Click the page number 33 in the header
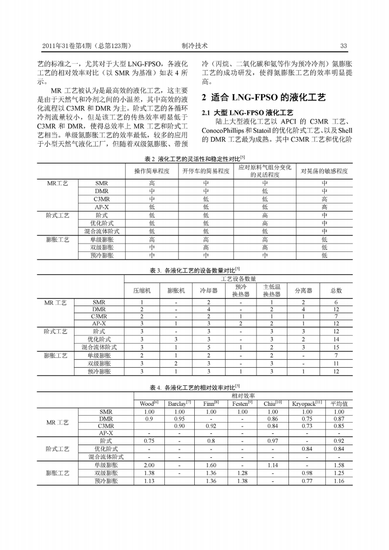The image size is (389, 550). [x=343, y=46]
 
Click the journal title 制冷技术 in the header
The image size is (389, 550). [x=194, y=46]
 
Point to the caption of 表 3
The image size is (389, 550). [x=195, y=269]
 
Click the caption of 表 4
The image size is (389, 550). [x=195, y=387]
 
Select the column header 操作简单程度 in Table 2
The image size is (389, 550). [x=152, y=171]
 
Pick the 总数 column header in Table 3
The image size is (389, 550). [x=336, y=290]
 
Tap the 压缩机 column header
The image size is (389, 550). [x=142, y=290]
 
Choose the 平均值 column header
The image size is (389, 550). [x=338, y=403]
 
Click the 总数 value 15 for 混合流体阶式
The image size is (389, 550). [x=336, y=347]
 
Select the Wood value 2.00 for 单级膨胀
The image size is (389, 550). [x=149, y=465]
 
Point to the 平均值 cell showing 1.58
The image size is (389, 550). [x=338, y=465]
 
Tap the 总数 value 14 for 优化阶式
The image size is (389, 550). [x=336, y=339]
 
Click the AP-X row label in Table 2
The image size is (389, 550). [x=102, y=207]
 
